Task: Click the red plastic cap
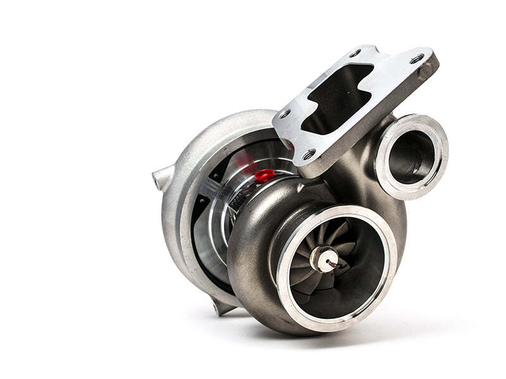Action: (x=264, y=175)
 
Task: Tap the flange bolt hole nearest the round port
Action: (x=417, y=59)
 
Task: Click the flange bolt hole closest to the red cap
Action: (x=309, y=153)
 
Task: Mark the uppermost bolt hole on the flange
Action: (x=355, y=53)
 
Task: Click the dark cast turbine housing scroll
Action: (x=253, y=265)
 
